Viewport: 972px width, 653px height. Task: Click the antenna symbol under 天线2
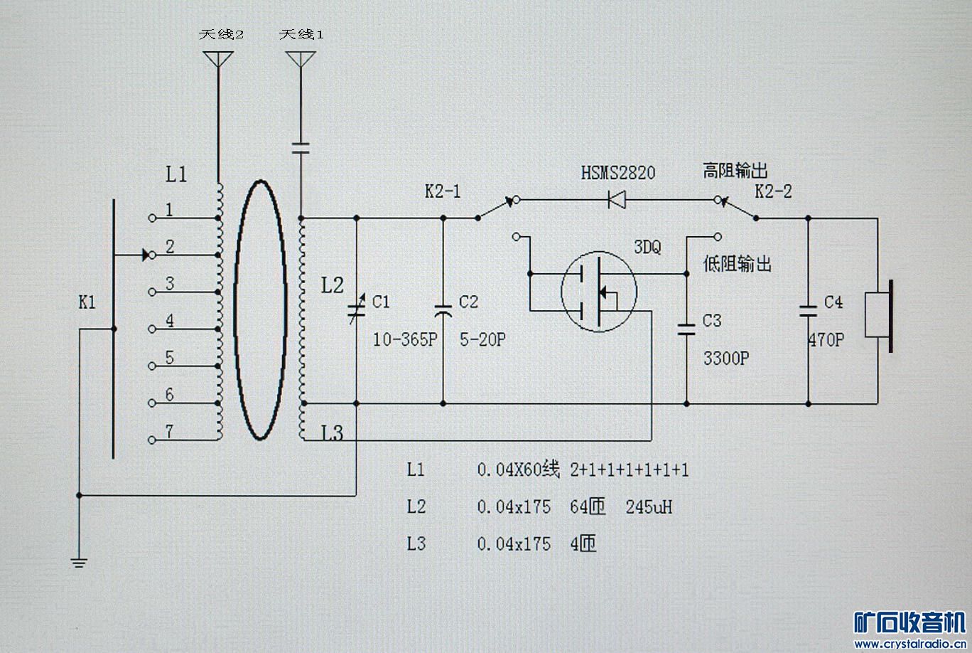point(218,59)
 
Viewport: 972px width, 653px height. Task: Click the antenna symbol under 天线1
point(301,59)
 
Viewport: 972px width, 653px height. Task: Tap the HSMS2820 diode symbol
point(617,200)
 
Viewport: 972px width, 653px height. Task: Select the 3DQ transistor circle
point(599,292)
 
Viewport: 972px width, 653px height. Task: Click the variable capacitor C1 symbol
point(357,309)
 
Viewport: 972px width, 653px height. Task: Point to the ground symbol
point(79,563)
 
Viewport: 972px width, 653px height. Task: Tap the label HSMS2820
point(618,173)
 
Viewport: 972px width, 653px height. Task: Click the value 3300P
point(726,359)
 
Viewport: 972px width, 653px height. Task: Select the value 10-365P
point(405,339)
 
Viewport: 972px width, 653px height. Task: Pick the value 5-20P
point(482,339)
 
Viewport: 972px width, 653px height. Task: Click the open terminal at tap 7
point(152,440)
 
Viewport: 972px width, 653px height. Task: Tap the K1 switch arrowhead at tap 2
point(146,255)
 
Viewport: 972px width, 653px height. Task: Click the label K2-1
point(443,191)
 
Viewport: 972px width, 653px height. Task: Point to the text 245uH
point(649,507)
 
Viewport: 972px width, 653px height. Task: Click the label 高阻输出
point(735,171)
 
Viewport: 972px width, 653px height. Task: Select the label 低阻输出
point(738,264)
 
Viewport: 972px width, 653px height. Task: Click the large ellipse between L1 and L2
point(260,309)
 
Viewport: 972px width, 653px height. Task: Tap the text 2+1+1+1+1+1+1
point(630,470)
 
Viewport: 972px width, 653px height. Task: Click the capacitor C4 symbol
point(808,311)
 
